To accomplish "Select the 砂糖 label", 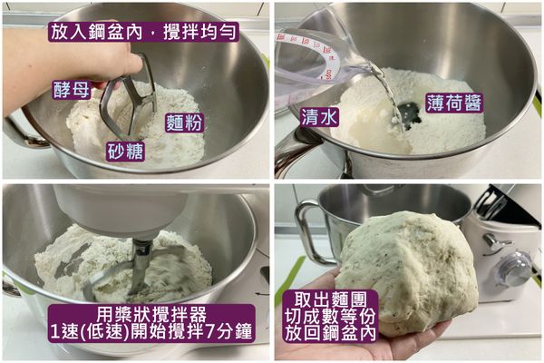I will tap(126, 152).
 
